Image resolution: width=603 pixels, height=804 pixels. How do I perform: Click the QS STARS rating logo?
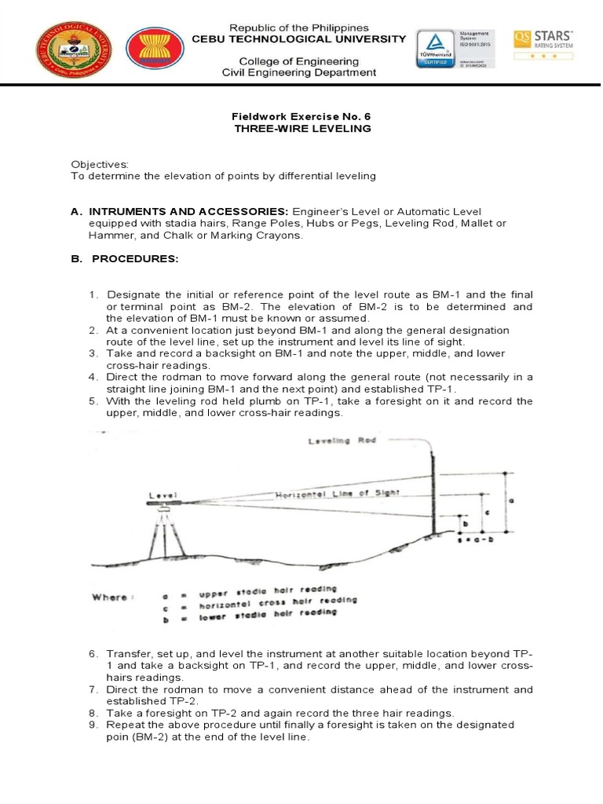pos(543,46)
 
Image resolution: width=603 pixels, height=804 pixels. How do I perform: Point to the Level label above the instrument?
pos(163,496)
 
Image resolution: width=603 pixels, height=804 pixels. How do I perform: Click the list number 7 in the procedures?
pos(92,689)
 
